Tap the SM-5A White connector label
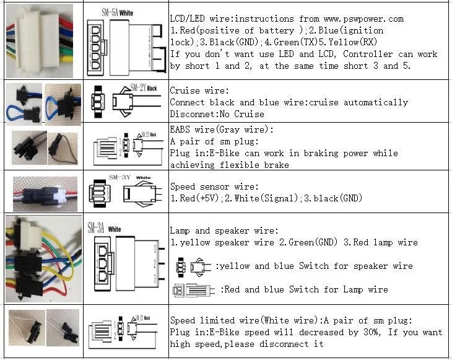pos(116,12)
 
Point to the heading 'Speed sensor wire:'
pos(214,187)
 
